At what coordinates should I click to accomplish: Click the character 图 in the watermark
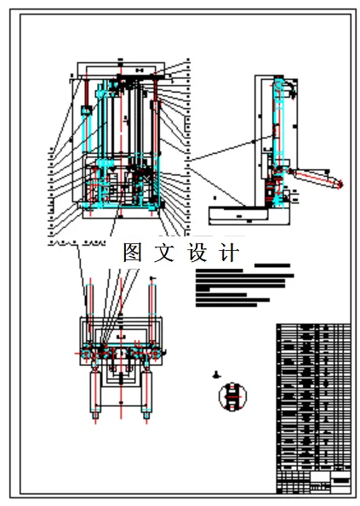point(133,253)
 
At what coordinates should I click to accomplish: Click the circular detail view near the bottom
point(231,397)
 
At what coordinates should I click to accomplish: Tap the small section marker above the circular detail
point(218,374)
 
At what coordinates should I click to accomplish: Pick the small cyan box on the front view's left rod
point(85,111)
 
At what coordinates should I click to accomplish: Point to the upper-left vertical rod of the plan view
point(85,298)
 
